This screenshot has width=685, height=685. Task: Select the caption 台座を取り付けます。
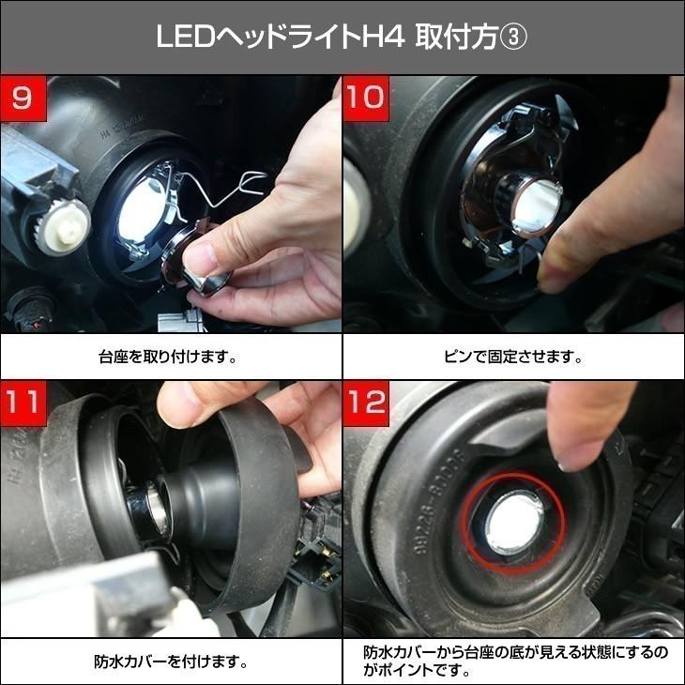[x=170, y=358]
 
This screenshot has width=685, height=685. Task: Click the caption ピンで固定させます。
[x=512, y=358]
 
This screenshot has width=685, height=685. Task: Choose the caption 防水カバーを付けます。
[x=170, y=662]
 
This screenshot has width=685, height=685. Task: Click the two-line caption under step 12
[x=512, y=661]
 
